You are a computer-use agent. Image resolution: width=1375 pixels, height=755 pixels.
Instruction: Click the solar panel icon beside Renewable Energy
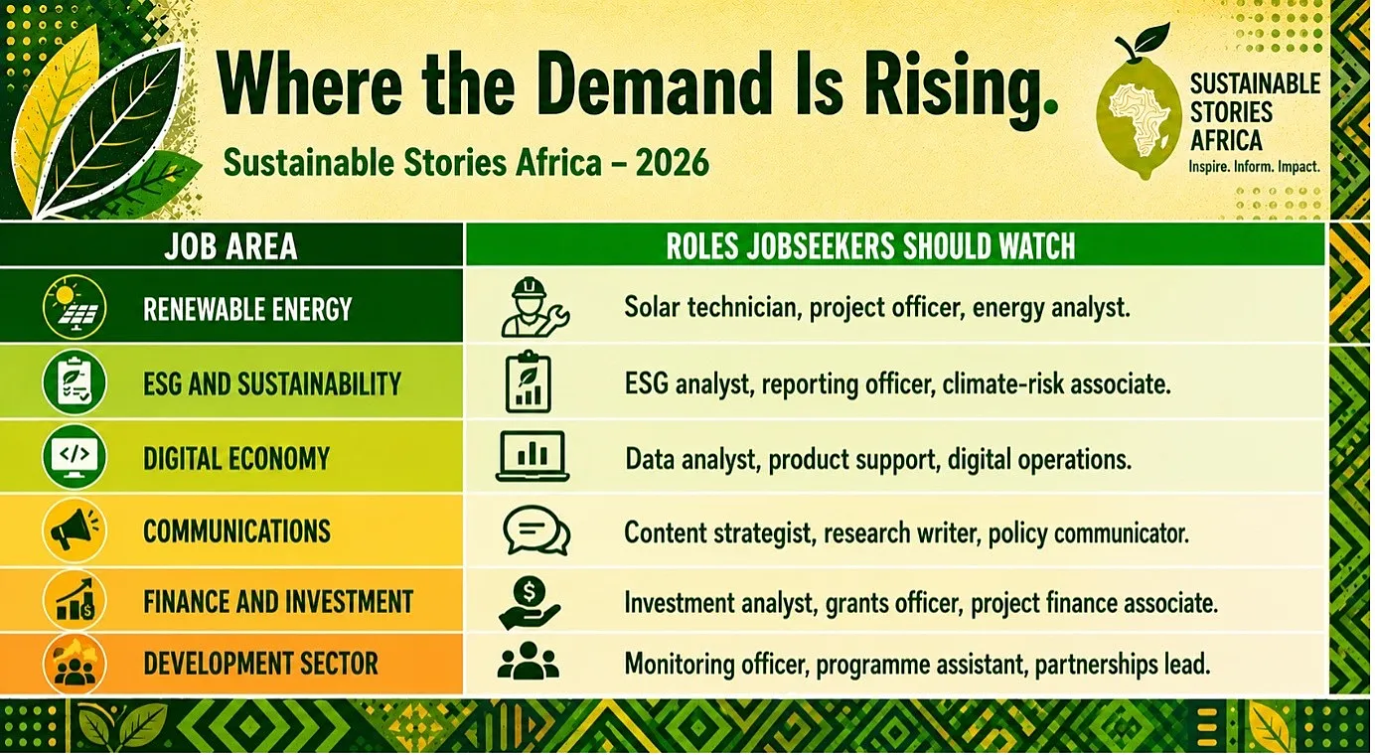point(75,306)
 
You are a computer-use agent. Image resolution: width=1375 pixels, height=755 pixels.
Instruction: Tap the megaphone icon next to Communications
point(75,529)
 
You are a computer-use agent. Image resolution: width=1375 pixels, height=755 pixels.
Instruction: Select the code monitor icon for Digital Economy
point(75,456)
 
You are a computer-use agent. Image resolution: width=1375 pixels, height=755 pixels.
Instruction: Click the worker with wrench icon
point(535,307)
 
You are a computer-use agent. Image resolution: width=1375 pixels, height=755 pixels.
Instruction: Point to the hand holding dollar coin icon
point(529,603)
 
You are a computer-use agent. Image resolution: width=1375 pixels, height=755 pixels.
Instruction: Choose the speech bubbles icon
point(535,530)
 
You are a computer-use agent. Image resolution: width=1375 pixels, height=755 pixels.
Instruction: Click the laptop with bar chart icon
point(533,456)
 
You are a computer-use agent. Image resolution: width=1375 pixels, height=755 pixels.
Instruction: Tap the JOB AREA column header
point(230,246)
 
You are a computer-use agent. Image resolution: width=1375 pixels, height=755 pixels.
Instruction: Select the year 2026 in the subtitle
point(673,163)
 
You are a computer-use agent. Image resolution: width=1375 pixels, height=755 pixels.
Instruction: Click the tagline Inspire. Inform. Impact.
point(1254,167)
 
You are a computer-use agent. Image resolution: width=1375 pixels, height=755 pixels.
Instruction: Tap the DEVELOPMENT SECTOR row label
point(260,664)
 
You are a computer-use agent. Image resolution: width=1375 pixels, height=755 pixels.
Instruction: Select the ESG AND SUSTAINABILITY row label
point(272,383)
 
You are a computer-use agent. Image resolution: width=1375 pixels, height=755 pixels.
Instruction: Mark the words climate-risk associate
point(1056,383)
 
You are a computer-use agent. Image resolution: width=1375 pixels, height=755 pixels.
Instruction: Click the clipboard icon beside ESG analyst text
point(528,381)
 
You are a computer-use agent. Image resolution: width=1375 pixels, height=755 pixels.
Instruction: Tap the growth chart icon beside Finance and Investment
point(75,600)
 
